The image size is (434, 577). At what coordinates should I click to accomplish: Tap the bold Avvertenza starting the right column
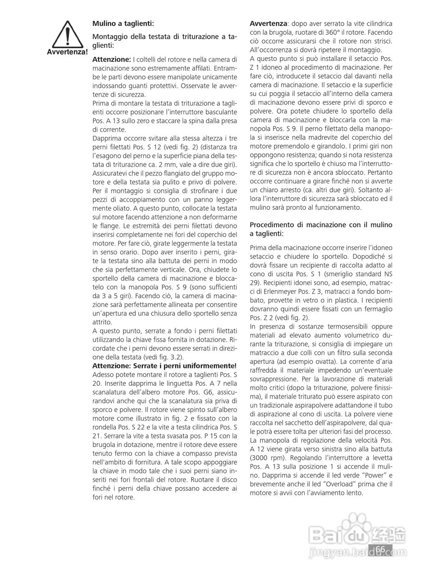[268, 23]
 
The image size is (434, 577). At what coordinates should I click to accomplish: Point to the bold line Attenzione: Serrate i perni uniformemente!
[164, 365]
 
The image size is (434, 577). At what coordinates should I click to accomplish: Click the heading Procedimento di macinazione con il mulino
[321, 224]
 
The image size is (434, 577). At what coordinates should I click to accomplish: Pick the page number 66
[380, 549]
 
